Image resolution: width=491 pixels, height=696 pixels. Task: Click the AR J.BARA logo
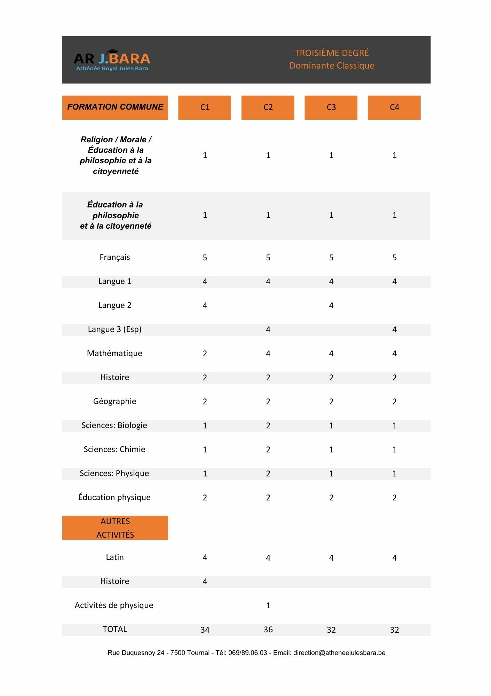coord(112,60)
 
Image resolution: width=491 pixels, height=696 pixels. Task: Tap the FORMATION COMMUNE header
coord(115,107)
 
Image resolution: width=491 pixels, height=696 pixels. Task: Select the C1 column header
coord(205,107)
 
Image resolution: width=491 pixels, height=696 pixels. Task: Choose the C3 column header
coord(331,107)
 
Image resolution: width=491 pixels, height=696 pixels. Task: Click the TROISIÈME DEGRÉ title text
coord(332,53)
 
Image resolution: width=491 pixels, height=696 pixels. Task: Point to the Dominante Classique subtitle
coord(332,65)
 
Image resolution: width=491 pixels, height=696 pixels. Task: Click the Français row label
coord(114,257)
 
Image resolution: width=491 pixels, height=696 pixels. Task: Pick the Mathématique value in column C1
coord(205,354)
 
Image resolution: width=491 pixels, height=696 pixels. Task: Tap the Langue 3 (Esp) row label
coord(114,329)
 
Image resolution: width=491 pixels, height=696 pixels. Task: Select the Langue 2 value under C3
coord(331,306)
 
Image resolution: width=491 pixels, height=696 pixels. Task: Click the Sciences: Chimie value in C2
coord(268,450)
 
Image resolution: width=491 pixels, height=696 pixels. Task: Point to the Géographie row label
coord(114,401)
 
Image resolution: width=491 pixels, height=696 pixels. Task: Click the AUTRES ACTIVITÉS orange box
coord(115,528)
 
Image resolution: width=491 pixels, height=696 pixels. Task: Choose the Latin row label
coord(114,557)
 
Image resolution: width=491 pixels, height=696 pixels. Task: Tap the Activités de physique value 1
coord(268,606)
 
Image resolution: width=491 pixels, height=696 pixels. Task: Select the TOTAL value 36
coord(268,630)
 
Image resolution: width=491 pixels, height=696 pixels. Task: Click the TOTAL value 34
coord(205,630)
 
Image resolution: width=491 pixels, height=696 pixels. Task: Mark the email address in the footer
coord(339,653)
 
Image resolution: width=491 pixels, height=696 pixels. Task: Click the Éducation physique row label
coord(114,497)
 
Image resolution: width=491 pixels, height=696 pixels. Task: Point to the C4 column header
coord(394,107)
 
